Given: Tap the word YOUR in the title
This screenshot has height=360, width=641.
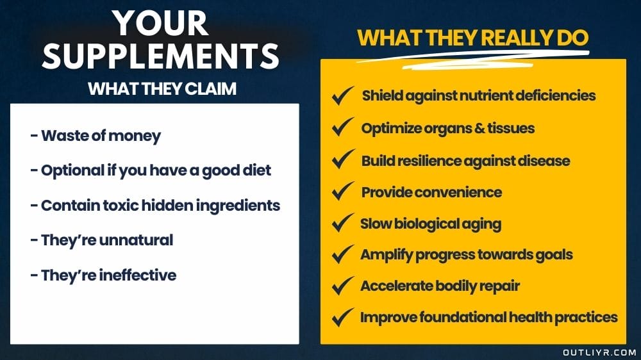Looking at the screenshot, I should (x=161, y=23).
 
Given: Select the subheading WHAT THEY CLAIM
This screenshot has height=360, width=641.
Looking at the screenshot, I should (x=162, y=88).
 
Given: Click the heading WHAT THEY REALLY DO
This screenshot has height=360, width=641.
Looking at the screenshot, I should (x=472, y=37).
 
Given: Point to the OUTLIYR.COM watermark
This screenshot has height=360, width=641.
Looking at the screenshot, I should (x=599, y=352).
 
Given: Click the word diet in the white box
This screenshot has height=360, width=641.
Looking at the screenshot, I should (x=256, y=171).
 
